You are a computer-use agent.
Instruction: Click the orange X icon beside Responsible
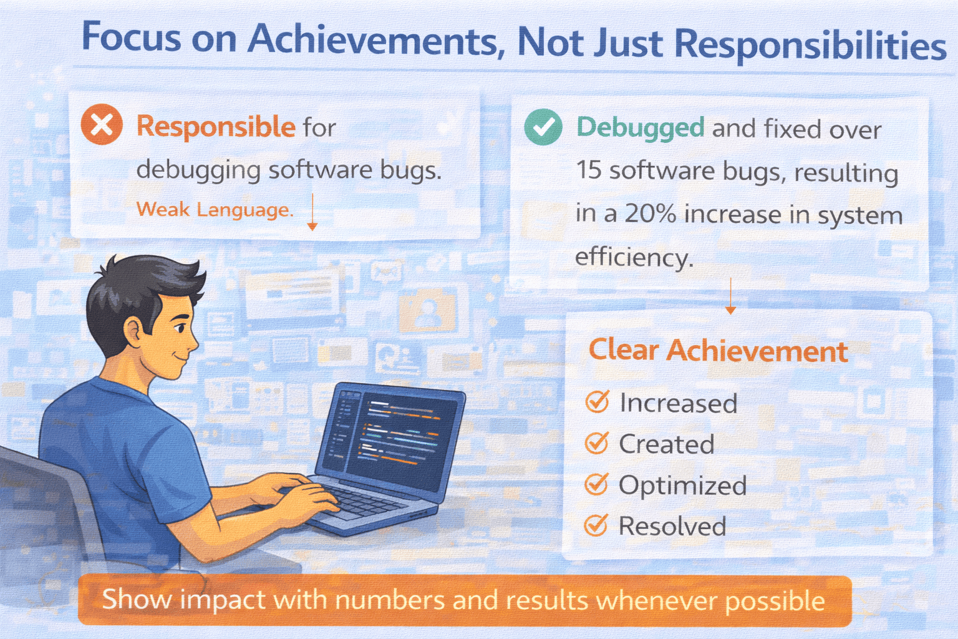[x=102, y=124]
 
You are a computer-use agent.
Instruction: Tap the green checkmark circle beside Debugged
[x=543, y=127]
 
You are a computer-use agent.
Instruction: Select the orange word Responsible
[x=216, y=127]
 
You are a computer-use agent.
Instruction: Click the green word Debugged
[x=641, y=127]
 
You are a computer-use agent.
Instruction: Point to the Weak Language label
[x=215, y=210]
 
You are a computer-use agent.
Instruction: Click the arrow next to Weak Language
[x=312, y=212]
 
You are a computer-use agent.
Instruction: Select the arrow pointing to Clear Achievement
[x=730, y=296]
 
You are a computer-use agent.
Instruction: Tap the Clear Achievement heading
[x=718, y=351]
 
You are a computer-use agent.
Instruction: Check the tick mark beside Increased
[x=597, y=401]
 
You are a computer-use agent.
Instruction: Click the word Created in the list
[x=667, y=444]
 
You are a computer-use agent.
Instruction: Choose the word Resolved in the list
[x=672, y=526]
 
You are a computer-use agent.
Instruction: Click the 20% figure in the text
[x=650, y=213]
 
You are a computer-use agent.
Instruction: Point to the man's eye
[x=180, y=329]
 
